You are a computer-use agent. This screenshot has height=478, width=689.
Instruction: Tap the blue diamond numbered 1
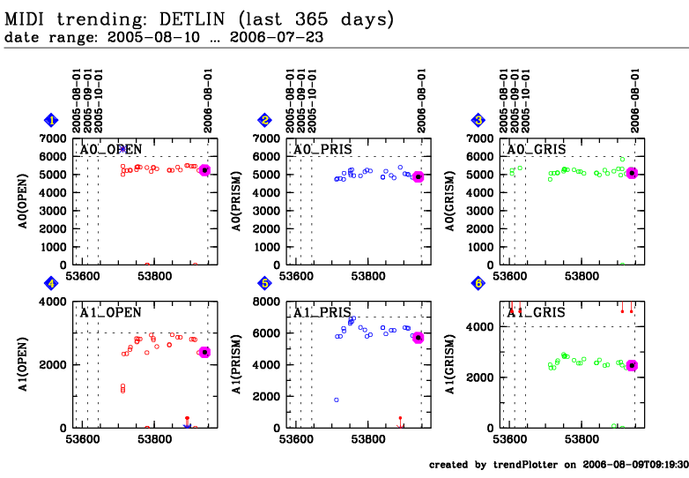point(52,121)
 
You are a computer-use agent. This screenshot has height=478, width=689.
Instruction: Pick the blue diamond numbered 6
point(478,284)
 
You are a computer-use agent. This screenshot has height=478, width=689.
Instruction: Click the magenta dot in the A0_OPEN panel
point(204,170)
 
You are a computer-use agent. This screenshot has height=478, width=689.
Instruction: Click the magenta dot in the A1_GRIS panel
point(632,365)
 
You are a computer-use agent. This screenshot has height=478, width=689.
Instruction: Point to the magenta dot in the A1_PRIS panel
point(419,338)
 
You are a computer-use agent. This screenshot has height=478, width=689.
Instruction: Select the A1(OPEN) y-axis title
point(26,364)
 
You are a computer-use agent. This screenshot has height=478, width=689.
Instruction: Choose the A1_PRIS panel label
point(320,312)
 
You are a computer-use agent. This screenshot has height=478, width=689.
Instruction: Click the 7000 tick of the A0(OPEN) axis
point(53,139)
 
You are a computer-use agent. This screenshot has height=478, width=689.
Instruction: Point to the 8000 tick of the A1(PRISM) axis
point(266,302)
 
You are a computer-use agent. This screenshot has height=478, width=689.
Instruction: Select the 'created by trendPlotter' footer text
point(554,465)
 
